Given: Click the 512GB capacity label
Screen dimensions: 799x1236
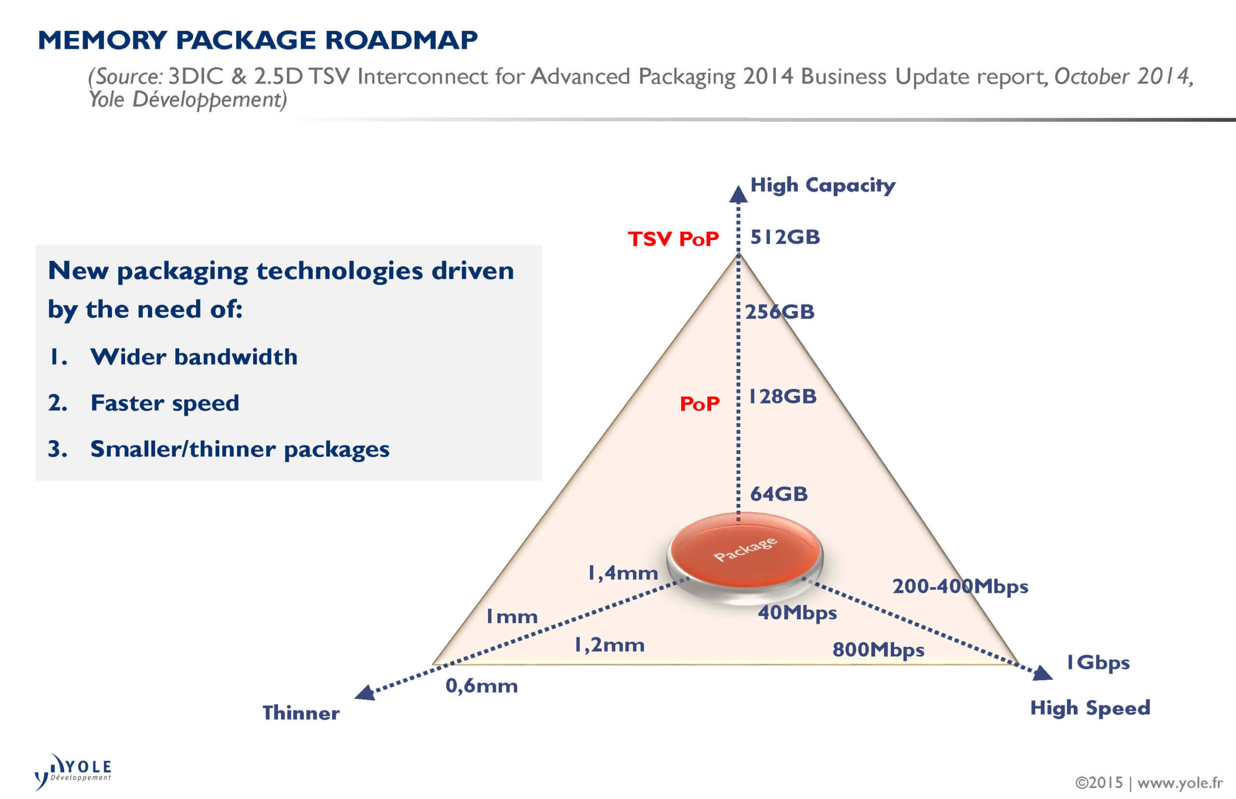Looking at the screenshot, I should [x=785, y=238].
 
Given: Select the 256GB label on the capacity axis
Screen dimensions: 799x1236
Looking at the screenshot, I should [x=780, y=312].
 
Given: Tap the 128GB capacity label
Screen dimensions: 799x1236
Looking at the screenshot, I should [x=782, y=397].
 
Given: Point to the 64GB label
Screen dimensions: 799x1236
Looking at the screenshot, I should [x=779, y=494].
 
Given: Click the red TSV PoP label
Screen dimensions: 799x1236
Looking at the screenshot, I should [x=673, y=239].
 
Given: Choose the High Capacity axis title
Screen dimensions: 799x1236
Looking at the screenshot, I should [x=823, y=185].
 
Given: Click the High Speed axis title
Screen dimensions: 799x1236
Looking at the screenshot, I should [x=1090, y=708].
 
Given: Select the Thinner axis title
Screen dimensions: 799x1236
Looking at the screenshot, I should [x=301, y=713].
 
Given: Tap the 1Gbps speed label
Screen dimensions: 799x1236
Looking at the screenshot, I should [x=1097, y=663].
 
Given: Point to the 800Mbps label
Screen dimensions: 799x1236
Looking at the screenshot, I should [x=878, y=650].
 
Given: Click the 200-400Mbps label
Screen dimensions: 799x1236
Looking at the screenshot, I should [x=960, y=587].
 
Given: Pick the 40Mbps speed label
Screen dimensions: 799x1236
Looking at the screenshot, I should [x=797, y=613].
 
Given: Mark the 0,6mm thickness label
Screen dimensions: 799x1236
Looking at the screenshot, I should [x=482, y=686].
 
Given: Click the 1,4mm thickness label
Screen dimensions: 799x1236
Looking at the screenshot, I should [x=623, y=573].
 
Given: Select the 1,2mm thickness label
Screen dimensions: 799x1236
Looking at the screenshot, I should [x=609, y=645].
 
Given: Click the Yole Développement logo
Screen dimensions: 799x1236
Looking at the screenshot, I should [x=73, y=771].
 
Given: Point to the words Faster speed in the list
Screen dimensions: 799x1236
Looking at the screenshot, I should [x=164, y=404].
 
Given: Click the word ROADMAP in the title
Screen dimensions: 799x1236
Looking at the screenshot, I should [x=401, y=41].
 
